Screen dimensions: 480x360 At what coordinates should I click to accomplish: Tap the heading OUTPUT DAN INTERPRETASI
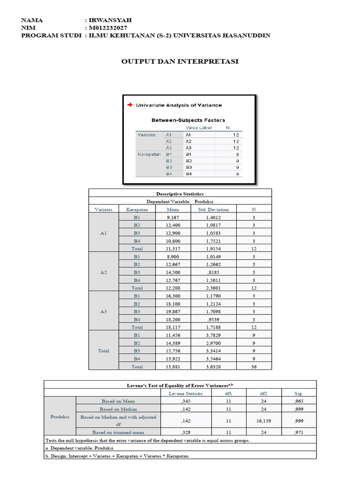coord(180,61)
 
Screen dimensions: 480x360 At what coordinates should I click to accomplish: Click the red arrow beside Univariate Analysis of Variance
coord(129,105)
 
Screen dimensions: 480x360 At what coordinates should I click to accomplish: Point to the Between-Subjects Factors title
coord(188,120)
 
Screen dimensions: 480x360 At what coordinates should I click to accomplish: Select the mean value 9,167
coord(173,217)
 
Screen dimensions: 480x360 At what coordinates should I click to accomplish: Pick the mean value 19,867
coord(173,311)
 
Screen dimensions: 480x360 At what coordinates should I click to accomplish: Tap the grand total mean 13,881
coord(173,367)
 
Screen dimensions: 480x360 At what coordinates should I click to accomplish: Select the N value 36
coord(254,367)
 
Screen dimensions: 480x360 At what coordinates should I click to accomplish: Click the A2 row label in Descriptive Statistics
coord(104,272)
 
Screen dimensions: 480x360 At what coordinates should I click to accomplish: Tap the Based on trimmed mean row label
coord(118,432)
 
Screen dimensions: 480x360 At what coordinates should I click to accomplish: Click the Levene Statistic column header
coord(186,393)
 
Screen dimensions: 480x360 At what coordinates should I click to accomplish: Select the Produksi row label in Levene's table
coord(60,416)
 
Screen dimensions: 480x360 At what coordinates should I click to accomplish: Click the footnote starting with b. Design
coord(119,456)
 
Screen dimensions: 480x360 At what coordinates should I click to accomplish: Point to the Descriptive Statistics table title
coord(180,194)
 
